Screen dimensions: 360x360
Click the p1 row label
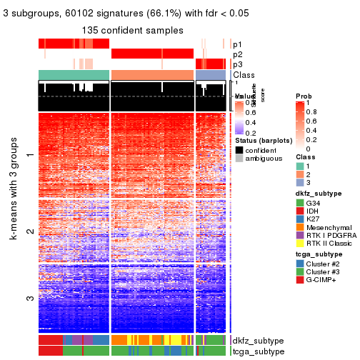[237, 44]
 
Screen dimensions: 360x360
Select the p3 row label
[237, 64]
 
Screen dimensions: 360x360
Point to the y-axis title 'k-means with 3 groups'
[14, 221]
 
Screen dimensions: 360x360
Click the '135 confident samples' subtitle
[133, 30]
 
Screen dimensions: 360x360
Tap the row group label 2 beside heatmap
[29, 232]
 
